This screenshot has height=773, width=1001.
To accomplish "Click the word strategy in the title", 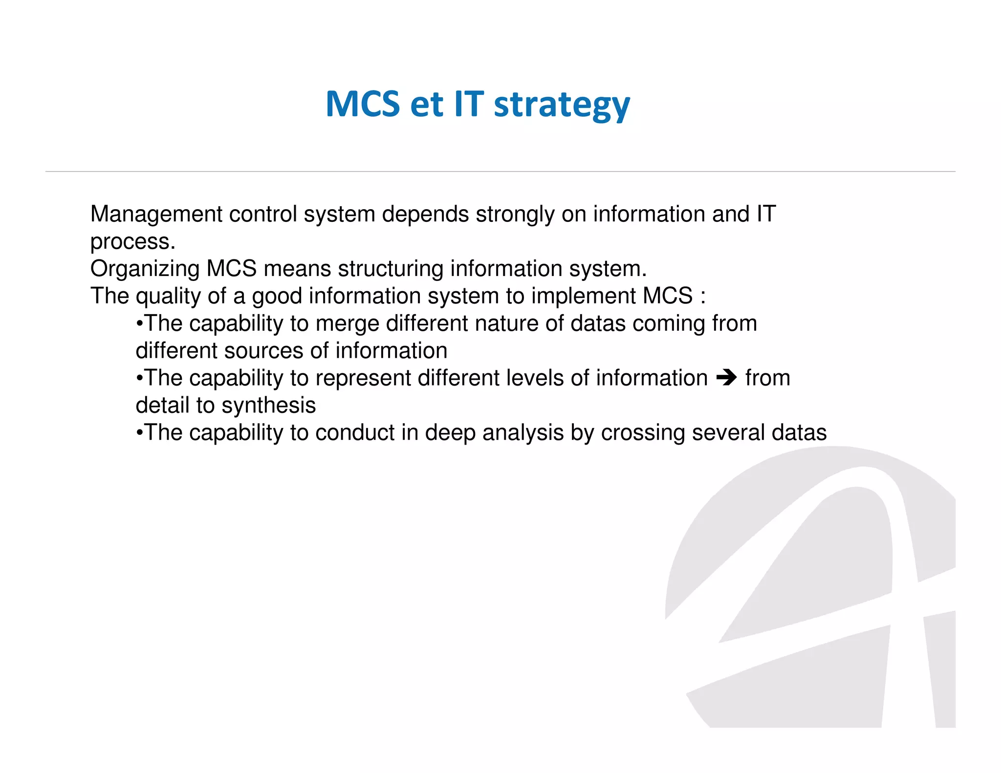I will tap(562, 105).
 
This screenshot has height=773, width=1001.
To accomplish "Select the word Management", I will tap(156, 214).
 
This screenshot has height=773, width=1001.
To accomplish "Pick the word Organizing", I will tap(145, 269).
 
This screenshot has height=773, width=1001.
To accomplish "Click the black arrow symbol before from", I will tap(726, 378).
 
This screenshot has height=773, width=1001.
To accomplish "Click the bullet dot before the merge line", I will tap(139, 324).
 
